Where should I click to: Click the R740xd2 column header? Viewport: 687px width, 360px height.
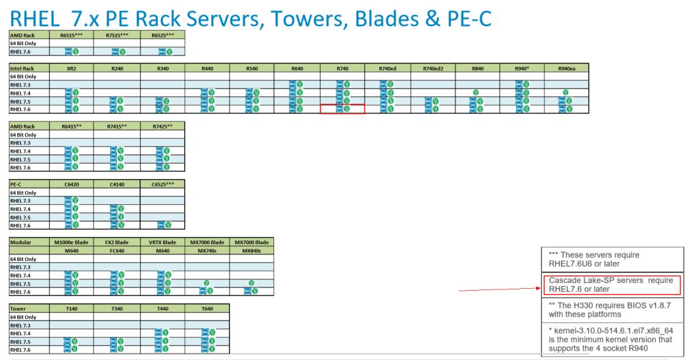point(433,67)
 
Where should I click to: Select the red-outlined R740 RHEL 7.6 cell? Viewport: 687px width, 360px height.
point(342,109)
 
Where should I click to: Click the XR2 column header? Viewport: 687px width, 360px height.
point(71,67)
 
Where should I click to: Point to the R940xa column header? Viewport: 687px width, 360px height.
point(566,67)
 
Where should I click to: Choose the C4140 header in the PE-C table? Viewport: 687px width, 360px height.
point(117,184)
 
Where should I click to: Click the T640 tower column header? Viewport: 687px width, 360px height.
point(207,308)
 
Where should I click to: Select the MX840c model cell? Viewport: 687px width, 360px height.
point(251,251)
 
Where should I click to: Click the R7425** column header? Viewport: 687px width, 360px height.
point(162,127)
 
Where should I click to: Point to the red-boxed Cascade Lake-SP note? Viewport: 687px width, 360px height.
point(611,285)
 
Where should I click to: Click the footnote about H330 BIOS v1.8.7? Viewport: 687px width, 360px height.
point(611,310)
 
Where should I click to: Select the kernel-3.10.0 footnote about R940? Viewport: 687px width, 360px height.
point(611,339)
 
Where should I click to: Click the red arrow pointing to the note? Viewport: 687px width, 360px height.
point(499,289)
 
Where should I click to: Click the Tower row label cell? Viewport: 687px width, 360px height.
point(29,308)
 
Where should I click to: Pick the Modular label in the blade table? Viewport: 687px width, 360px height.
point(29,242)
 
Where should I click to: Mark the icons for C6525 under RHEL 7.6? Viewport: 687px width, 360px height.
point(162,225)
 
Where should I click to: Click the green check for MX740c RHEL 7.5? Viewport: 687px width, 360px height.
point(207,283)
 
